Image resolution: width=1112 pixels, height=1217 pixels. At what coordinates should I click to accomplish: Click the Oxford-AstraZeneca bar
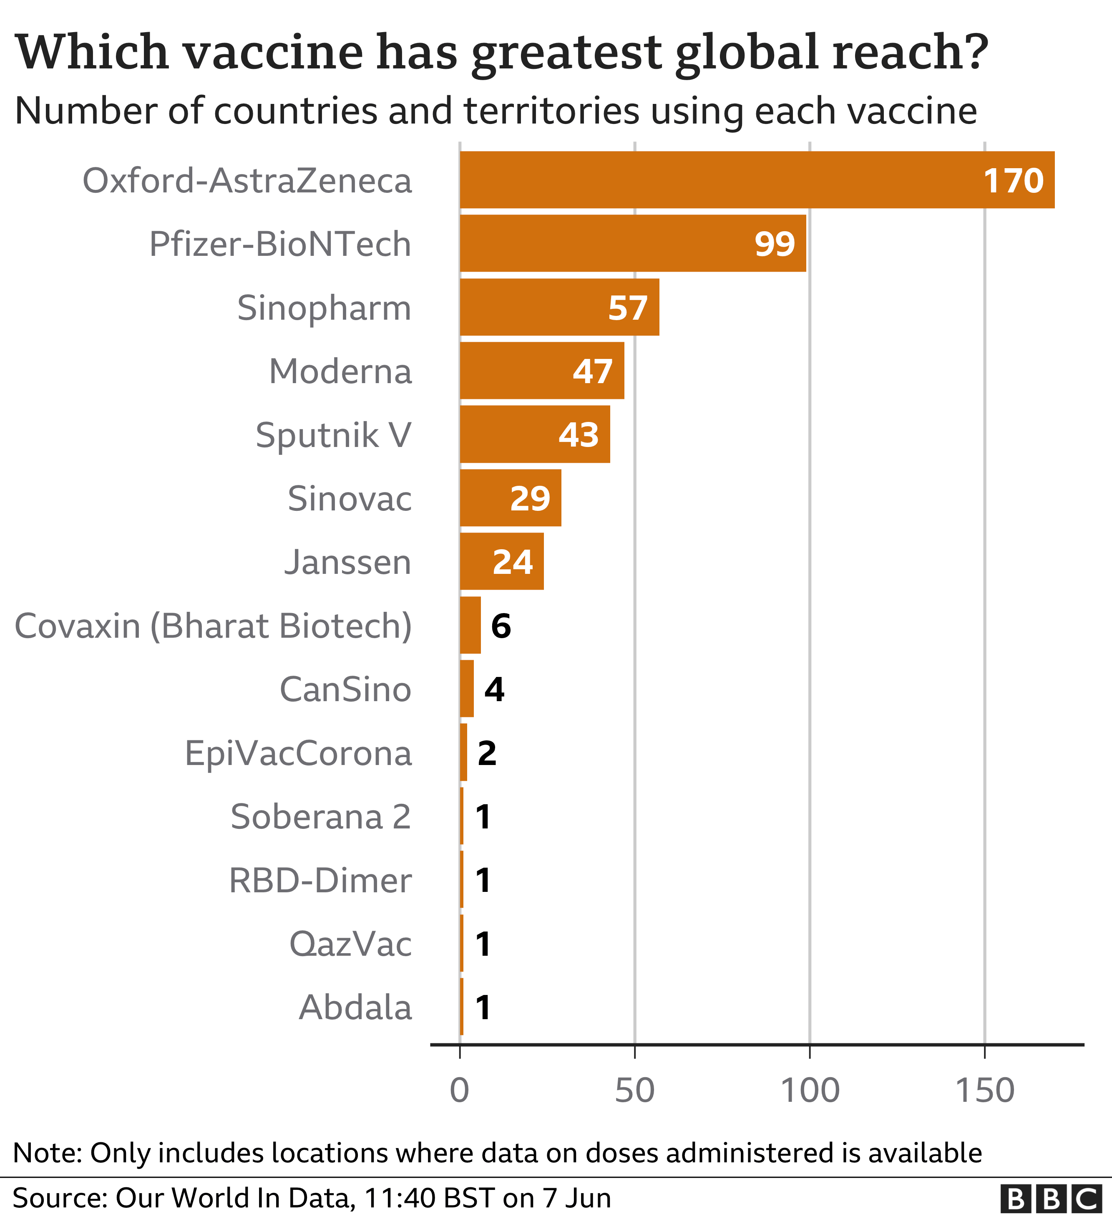point(757,180)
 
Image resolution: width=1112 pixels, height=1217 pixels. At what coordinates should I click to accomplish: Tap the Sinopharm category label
point(324,308)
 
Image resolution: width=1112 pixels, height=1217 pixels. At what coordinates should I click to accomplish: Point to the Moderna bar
point(541,371)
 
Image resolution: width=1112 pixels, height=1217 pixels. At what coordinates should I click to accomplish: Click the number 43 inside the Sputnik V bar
point(578,434)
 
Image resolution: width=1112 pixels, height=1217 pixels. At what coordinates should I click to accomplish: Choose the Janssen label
point(347,562)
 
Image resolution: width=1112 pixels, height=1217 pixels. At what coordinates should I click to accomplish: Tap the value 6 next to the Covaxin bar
point(501,626)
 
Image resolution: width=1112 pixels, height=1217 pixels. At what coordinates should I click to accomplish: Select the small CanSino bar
point(466,689)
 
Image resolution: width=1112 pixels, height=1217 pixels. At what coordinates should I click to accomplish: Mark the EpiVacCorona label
point(298,753)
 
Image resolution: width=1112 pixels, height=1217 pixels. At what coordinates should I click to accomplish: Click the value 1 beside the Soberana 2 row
point(483,817)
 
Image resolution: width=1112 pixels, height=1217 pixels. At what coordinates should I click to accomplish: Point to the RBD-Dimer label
point(320,880)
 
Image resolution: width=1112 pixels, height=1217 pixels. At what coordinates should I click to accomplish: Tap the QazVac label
point(350,944)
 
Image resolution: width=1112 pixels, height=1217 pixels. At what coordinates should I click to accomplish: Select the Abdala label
point(355,1007)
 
